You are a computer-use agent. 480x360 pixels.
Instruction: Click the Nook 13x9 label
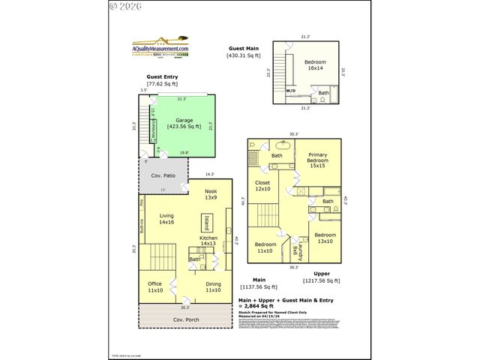[x=211, y=195]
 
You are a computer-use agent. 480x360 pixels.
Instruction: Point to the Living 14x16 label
[x=166, y=219]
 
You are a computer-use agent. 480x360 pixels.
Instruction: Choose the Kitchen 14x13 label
[x=208, y=240]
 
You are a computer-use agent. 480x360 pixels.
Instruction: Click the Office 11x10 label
[x=156, y=286]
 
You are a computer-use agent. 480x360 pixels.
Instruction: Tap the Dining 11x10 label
[x=214, y=286]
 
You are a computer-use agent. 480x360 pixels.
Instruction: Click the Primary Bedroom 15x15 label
[x=317, y=162]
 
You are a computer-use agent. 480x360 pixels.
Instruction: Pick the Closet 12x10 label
[x=262, y=185]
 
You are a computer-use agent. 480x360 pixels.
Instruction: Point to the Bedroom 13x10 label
[x=325, y=238]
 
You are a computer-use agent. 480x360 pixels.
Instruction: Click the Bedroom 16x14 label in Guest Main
[x=315, y=65]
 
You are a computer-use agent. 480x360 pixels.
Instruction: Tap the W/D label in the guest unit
[x=290, y=91]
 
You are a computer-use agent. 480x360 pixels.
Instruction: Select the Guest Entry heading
[x=163, y=77]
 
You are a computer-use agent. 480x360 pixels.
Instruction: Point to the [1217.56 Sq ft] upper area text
[x=322, y=280]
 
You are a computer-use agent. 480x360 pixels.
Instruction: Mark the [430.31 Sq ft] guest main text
[x=244, y=55]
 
